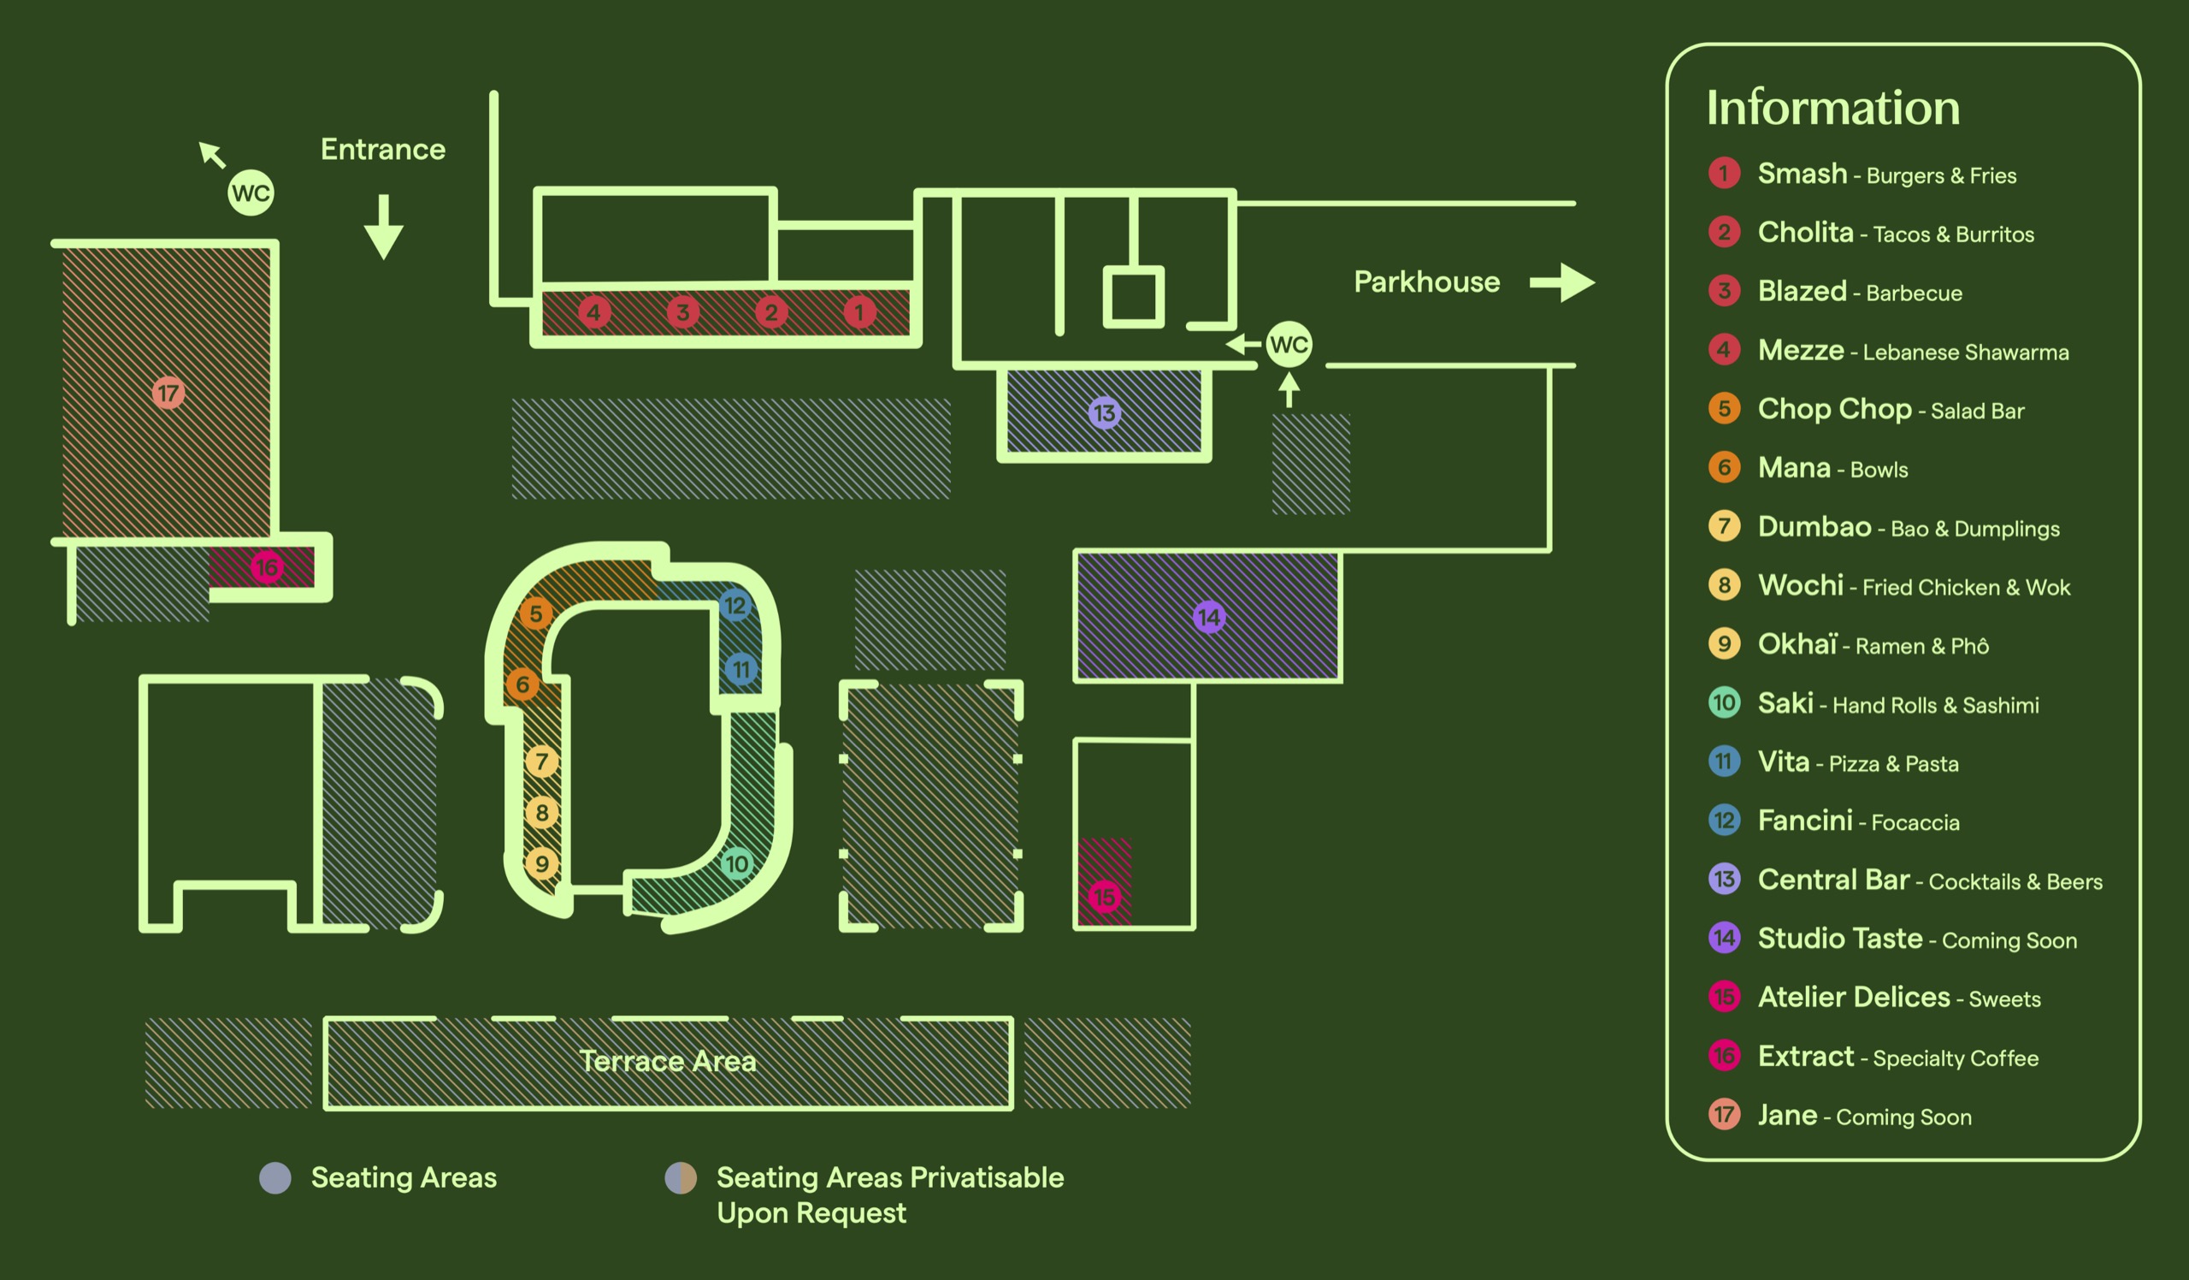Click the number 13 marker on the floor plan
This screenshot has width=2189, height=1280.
1104,412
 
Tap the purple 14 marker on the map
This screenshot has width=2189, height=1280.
1208,617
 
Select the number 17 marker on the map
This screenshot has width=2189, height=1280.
168,393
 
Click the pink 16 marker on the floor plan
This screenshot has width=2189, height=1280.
267,567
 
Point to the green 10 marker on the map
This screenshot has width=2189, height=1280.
736,864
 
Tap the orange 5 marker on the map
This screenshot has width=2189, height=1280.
536,613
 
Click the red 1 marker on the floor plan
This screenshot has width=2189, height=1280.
859,312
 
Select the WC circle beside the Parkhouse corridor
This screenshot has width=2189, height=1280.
1289,344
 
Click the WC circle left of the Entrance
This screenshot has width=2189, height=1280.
251,193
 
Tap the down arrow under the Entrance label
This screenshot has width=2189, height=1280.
383,228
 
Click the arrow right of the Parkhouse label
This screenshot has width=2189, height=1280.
1563,282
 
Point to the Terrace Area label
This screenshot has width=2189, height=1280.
667,1061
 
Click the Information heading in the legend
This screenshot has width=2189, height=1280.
1832,108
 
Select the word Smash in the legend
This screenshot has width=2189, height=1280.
1802,174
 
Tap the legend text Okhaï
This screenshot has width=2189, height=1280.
1797,644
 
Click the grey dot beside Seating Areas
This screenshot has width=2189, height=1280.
275,1177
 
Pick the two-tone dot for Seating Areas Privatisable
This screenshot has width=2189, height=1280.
680,1177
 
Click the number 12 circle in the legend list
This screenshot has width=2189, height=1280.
1725,821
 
